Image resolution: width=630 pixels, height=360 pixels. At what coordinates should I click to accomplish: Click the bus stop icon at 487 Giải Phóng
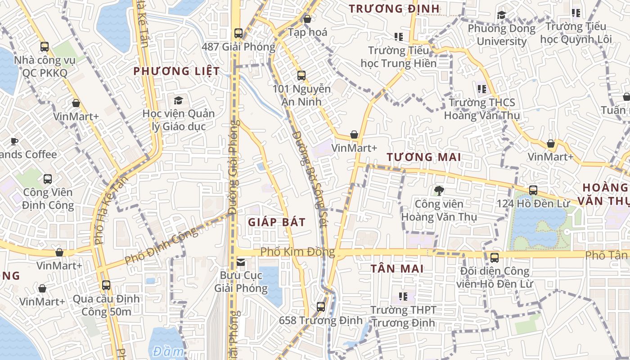tap(238, 33)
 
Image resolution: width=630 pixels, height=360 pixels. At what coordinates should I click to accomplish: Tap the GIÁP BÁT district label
tap(277, 222)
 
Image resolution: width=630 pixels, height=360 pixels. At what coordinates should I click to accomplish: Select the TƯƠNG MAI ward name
tap(424, 157)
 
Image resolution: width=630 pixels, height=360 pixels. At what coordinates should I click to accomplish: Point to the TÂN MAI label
tap(397, 269)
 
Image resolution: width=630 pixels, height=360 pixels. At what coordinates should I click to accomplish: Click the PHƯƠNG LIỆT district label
tap(177, 71)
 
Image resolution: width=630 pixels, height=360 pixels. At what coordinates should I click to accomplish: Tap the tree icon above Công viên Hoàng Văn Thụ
tap(439, 191)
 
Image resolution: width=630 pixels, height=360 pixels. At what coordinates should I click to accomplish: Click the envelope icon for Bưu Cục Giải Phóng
tap(241, 262)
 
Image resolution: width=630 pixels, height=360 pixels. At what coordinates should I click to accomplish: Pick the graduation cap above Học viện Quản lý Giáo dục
tap(179, 100)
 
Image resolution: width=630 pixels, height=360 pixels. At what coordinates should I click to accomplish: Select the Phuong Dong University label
tap(501, 35)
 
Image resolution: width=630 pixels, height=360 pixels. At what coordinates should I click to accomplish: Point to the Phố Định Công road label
tap(161, 246)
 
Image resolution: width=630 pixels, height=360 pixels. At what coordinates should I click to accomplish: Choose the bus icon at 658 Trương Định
tap(321, 307)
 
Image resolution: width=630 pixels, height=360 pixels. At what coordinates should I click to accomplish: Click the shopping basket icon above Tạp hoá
tap(307, 19)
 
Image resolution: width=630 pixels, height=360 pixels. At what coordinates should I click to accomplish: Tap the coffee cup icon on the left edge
tap(14, 142)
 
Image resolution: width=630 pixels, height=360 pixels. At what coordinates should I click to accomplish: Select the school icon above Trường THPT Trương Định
tap(403, 297)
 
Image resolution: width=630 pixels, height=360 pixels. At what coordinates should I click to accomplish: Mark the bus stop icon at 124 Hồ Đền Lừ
tap(533, 190)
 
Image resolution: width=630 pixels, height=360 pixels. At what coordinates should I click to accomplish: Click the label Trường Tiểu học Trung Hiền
tap(398, 57)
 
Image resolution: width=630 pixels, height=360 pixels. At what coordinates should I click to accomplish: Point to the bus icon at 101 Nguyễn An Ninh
tap(301, 76)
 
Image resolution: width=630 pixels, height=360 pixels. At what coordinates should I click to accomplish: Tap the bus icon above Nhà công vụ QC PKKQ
tap(44, 46)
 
